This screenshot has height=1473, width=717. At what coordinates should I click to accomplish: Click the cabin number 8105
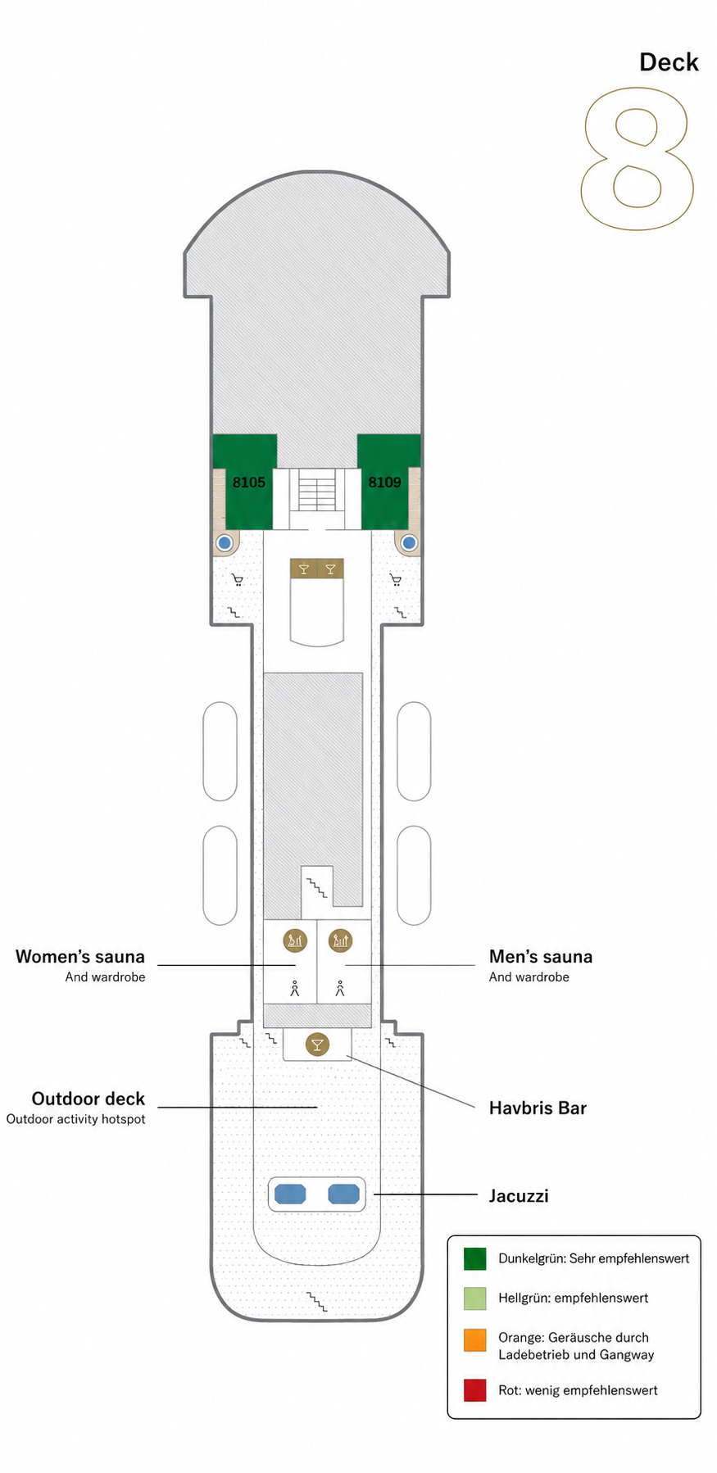(248, 482)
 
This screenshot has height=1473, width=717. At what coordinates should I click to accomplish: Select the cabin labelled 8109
(384, 482)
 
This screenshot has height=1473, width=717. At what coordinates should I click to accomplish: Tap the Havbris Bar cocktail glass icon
(317, 1044)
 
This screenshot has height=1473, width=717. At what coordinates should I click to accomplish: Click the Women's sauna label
(80, 956)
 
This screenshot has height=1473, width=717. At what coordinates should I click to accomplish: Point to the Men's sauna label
(541, 956)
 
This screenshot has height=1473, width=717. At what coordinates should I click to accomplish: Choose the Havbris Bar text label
(538, 1108)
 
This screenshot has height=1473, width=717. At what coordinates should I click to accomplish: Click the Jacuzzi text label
(519, 1195)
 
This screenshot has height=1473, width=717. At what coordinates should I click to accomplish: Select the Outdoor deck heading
(88, 1099)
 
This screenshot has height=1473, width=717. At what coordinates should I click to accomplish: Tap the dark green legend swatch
(475, 1258)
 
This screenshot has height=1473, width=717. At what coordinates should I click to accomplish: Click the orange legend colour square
(475, 1340)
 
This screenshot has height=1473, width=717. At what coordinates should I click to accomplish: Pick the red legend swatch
(475, 1390)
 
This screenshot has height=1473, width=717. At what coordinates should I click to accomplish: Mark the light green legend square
(475, 1299)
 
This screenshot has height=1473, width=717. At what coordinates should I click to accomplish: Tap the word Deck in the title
(669, 62)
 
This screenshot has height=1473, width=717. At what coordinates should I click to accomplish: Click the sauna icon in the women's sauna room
(295, 940)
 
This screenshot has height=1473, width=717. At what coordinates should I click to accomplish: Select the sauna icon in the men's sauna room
(340, 940)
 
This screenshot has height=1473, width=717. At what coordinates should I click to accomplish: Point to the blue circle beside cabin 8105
(225, 542)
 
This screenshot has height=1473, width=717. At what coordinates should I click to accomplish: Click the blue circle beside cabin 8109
(409, 542)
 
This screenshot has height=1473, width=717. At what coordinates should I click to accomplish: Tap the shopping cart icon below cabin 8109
(396, 580)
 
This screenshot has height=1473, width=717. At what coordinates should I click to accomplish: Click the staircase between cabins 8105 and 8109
(317, 489)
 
